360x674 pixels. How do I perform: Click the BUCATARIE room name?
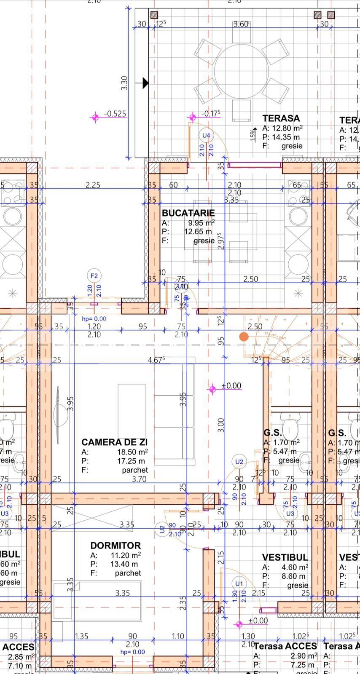pyautogui.click(x=188, y=213)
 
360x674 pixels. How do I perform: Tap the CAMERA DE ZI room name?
pyautogui.click(x=114, y=442)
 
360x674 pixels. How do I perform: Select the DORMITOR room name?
pyautogui.click(x=115, y=546)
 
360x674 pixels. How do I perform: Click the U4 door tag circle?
pyautogui.click(x=206, y=135)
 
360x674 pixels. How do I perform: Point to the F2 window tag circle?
pyautogui.click(x=94, y=276)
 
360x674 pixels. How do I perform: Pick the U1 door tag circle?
pyautogui.click(x=239, y=583)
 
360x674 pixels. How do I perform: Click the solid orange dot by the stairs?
pyautogui.click(x=244, y=337)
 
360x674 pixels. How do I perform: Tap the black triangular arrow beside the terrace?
pyautogui.click(x=145, y=83)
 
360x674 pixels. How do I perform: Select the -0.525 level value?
pyautogui.click(x=115, y=114)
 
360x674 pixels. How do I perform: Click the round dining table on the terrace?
pyautogui.click(x=241, y=71)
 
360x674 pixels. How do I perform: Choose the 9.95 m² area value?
pyautogui.click(x=201, y=222)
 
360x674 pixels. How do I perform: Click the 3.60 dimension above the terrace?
pyautogui.click(x=241, y=24)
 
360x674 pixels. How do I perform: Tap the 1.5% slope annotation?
pyautogui.click(x=253, y=134)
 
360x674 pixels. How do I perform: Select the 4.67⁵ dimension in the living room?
pyautogui.click(x=156, y=360)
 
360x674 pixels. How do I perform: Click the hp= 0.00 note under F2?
pyautogui.click(x=94, y=319)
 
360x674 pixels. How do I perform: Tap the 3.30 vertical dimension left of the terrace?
pyautogui.click(x=124, y=83)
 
